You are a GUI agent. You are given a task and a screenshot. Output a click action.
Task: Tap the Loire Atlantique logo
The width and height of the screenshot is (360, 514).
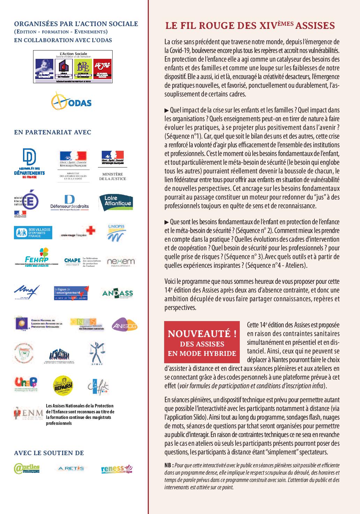(x=116, y=202)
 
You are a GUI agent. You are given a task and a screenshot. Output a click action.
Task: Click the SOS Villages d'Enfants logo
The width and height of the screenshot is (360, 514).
(x=33, y=233)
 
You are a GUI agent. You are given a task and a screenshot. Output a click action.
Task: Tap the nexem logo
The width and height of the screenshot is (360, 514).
(x=116, y=262)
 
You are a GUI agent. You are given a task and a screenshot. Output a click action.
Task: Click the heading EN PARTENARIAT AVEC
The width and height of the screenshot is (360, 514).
(x=53, y=132)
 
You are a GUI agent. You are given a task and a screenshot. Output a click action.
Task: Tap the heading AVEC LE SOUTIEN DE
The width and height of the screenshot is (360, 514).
(x=49, y=453)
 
